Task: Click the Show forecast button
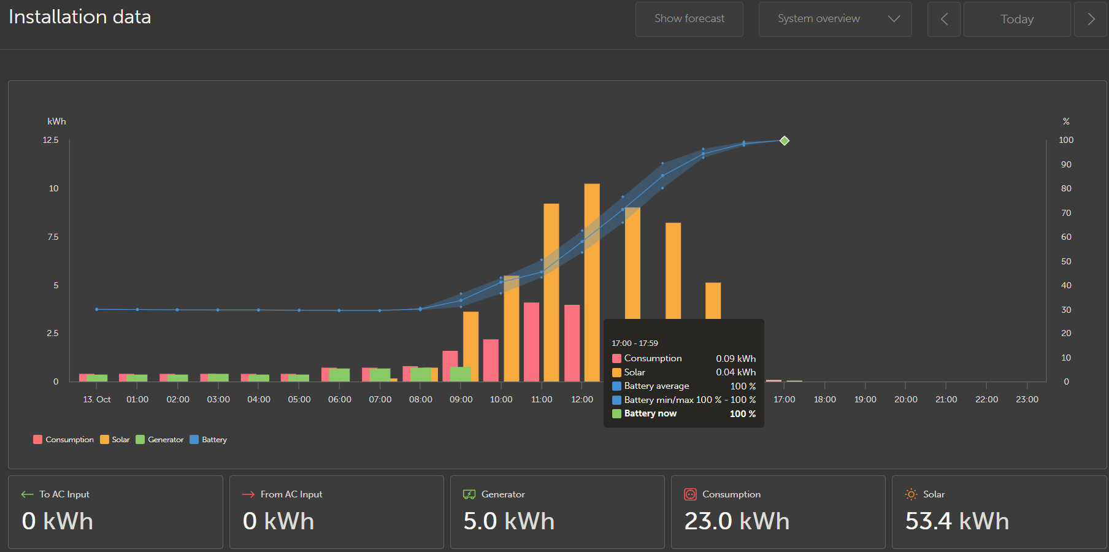(x=689, y=19)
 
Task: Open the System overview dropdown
(x=835, y=19)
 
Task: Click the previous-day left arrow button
(x=943, y=19)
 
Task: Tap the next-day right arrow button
(x=1091, y=19)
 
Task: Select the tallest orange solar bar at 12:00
(x=592, y=282)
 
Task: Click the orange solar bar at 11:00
(x=551, y=293)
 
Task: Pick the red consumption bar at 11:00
(x=531, y=342)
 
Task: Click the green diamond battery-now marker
(x=784, y=140)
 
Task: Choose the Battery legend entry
(x=209, y=440)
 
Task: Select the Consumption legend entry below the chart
(x=63, y=440)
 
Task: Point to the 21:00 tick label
(x=946, y=399)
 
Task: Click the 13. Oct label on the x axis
(x=97, y=399)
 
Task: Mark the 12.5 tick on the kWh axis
(x=50, y=140)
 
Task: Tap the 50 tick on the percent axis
(x=1066, y=261)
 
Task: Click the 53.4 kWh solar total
(x=957, y=521)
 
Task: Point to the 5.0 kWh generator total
(x=508, y=521)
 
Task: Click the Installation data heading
(x=80, y=17)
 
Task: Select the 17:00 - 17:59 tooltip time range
(x=635, y=343)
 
